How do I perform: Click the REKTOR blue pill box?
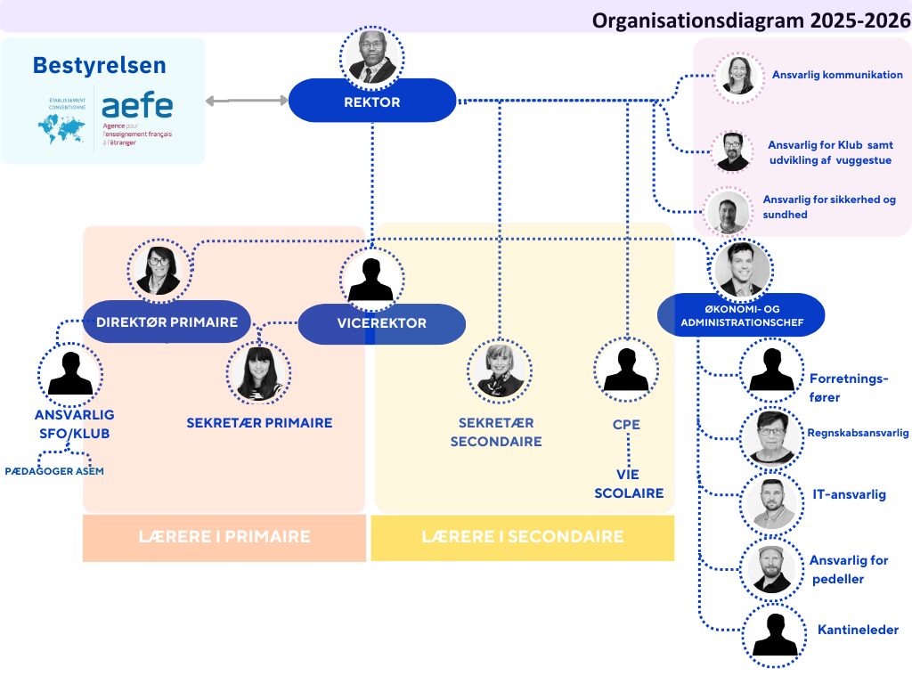click(372, 102)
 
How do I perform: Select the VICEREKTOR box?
click(381, 323)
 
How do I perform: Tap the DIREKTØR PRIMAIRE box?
click(167, 322)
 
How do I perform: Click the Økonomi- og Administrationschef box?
click(741, 314)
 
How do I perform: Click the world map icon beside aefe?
click(61, 129)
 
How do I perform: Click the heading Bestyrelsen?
click(99, 65)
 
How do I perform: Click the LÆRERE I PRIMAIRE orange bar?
click(224, 537)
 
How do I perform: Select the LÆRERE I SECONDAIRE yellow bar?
click(522, 537)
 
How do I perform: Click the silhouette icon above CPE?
click(626, 369)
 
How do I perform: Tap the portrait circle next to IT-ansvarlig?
click(771, 502)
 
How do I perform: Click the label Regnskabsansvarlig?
click(858, 433)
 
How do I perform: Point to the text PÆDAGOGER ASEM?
click(53, 471)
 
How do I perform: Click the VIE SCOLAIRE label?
click(629, 484)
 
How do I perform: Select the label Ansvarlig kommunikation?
click(837, 75)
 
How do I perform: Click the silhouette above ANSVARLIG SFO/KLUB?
click(70, 371)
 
